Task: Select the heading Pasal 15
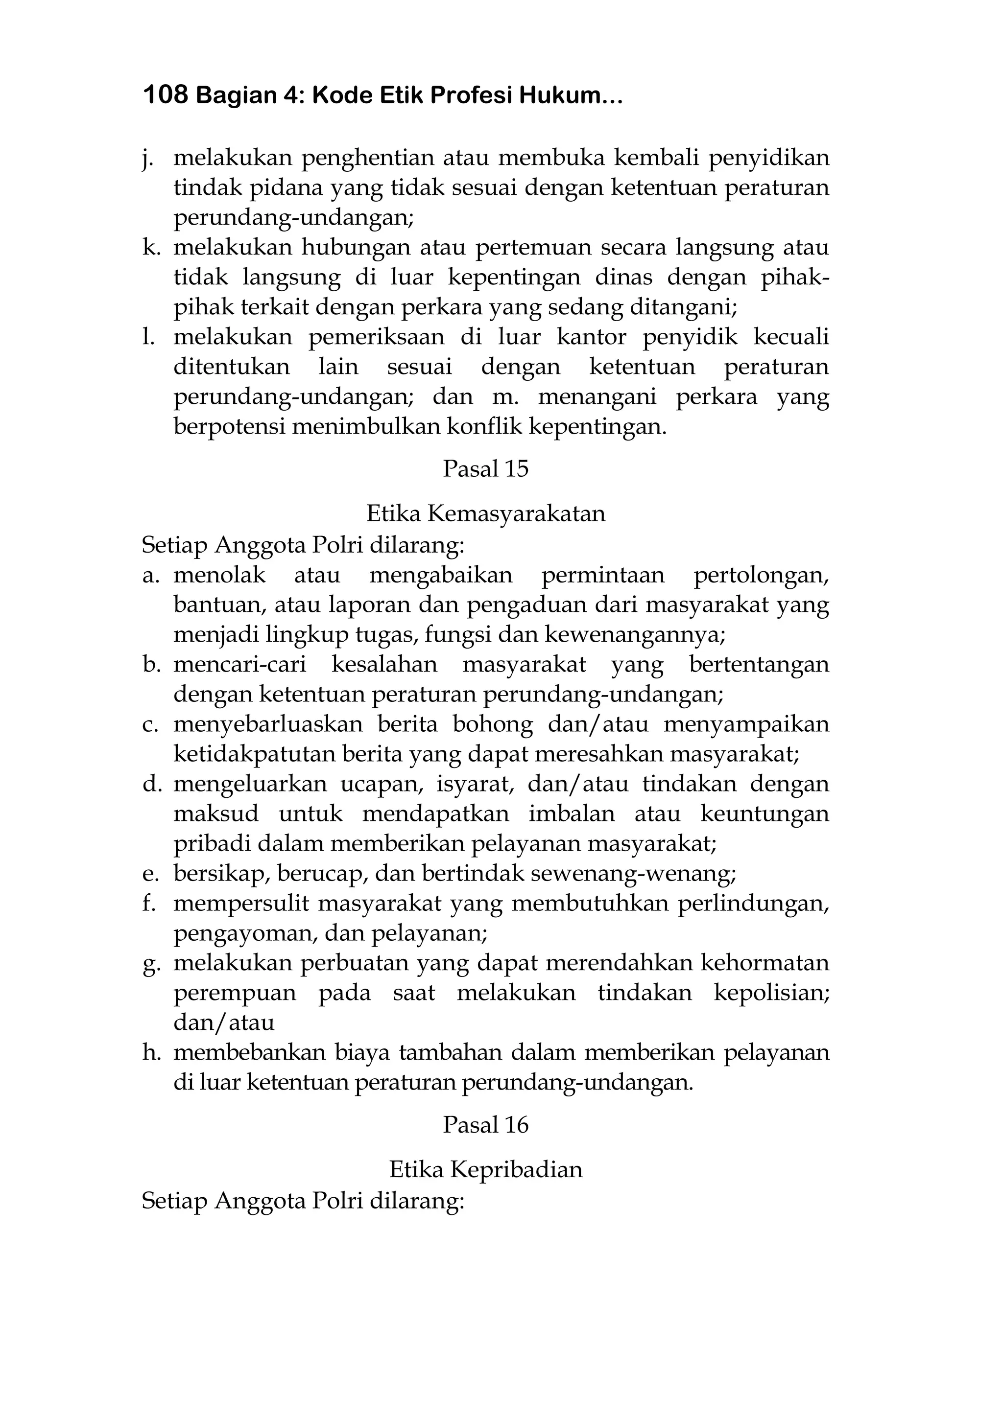point(485,469)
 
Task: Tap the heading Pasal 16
point(485,1124)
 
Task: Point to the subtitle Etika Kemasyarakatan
point(485,513)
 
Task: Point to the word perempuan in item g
point(235,993)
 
